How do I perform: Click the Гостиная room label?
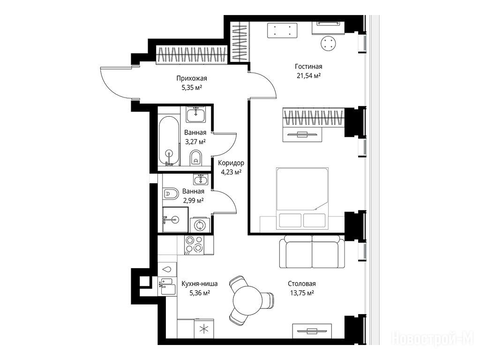click(x=308, y=67)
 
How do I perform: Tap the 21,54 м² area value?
click(x=308, y=75)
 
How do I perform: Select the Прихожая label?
click(x=192, y=78)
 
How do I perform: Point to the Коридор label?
click(x=231, y=163)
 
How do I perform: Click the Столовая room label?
click(x=302, y=284)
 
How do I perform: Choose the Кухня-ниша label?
click(x=200, y=284)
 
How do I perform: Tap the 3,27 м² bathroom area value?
click(x=195, y=142)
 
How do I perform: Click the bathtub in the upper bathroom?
click(x=168, y=141)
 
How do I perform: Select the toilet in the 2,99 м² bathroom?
click(x=171, y=194)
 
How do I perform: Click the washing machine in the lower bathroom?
click(x=200, y=225)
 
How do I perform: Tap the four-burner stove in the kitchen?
click(x=195, y=244)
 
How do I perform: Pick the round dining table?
click(x=247, y=300)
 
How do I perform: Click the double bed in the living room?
click(x=302, y=198)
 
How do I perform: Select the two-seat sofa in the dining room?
click(x=312, y=251)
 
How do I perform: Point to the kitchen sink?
click(x=167, y=286)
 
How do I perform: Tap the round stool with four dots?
click(x=329, y=43)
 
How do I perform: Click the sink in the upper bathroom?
click(x=196, y=114)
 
